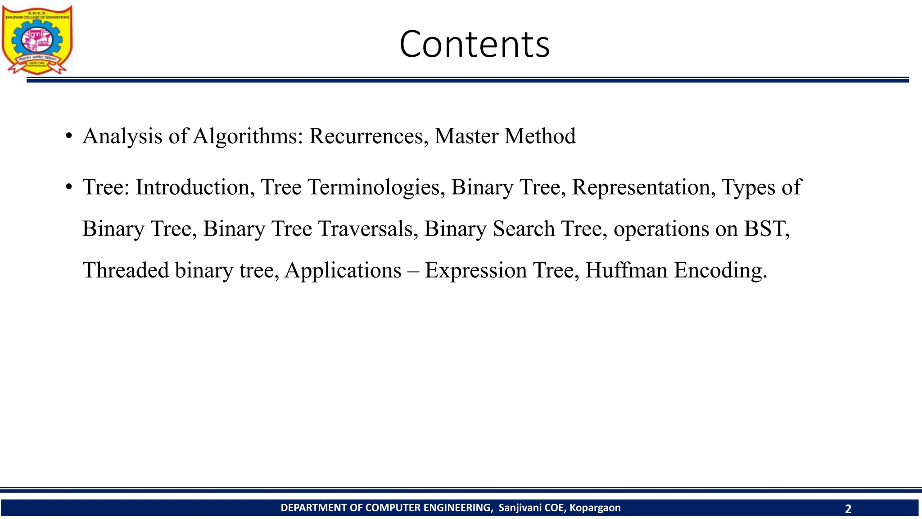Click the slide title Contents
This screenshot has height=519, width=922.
(474, 44)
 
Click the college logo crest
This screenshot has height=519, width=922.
(37, 40)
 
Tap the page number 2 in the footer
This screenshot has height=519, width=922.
(848, 509)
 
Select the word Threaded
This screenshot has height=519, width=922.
(126, 270)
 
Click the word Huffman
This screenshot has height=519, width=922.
(626, 270)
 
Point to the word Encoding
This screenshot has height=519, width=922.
(720, 270)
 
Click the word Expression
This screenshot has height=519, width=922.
(475, 270)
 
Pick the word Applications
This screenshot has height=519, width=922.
(343, 270)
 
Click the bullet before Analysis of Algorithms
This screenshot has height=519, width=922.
(68, 136)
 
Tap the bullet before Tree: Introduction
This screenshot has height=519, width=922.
(68, 187)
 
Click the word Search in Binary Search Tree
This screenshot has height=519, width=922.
(524, 229)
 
